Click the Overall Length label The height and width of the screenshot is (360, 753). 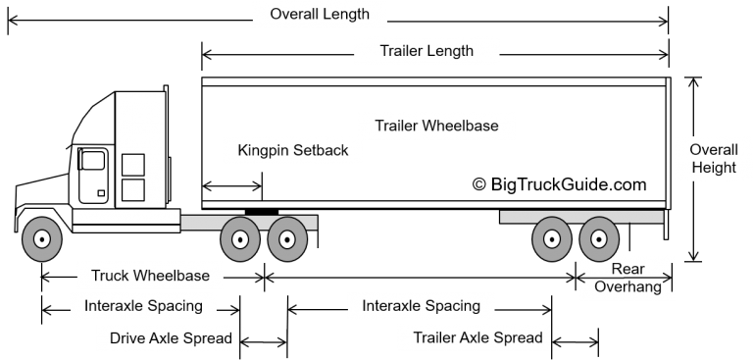pyautogui.click(x=319, y=15)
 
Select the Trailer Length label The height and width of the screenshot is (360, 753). pyautogui.click(x=426, y=50)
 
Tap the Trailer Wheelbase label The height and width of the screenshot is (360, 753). pyautogui.click(x=435, y=126)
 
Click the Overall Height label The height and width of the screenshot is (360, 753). pyautogui.click(x=713, y=159)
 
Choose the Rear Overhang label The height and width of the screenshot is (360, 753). pyautogui.click(x=627, y=278)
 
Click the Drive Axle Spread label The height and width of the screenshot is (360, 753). pyautogui.click(x=171, y=338)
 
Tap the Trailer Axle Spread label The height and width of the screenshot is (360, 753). pyautogui.click(x=477, y=338)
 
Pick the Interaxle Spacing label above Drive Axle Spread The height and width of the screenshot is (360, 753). pyautogui.click(x=143, y=305)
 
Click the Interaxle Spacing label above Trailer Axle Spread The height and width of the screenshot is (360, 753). pyautogui.click(x=421, y=305)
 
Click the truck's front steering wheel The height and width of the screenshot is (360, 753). pyautogui.click(x=41, y=238)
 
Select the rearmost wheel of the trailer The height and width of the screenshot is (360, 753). pyautogui.click(x=598, y=238)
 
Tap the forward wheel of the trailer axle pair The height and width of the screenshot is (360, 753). pyautogui.click(x=552, y=238)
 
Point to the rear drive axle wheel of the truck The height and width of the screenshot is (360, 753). pyautogui.click(x=287, y=238)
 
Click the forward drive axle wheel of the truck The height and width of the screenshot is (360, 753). pyautogui.click(x=240, y=238)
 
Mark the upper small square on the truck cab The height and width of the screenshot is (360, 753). pyautogui.click(x=132, y=165)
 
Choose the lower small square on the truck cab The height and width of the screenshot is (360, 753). pyautogui.click(x=132, y=189)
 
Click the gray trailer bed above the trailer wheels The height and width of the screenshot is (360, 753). pyautogui.click(x=580, y=216)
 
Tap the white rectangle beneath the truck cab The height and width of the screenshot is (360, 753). pyautogui.click(x=125, y=216)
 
